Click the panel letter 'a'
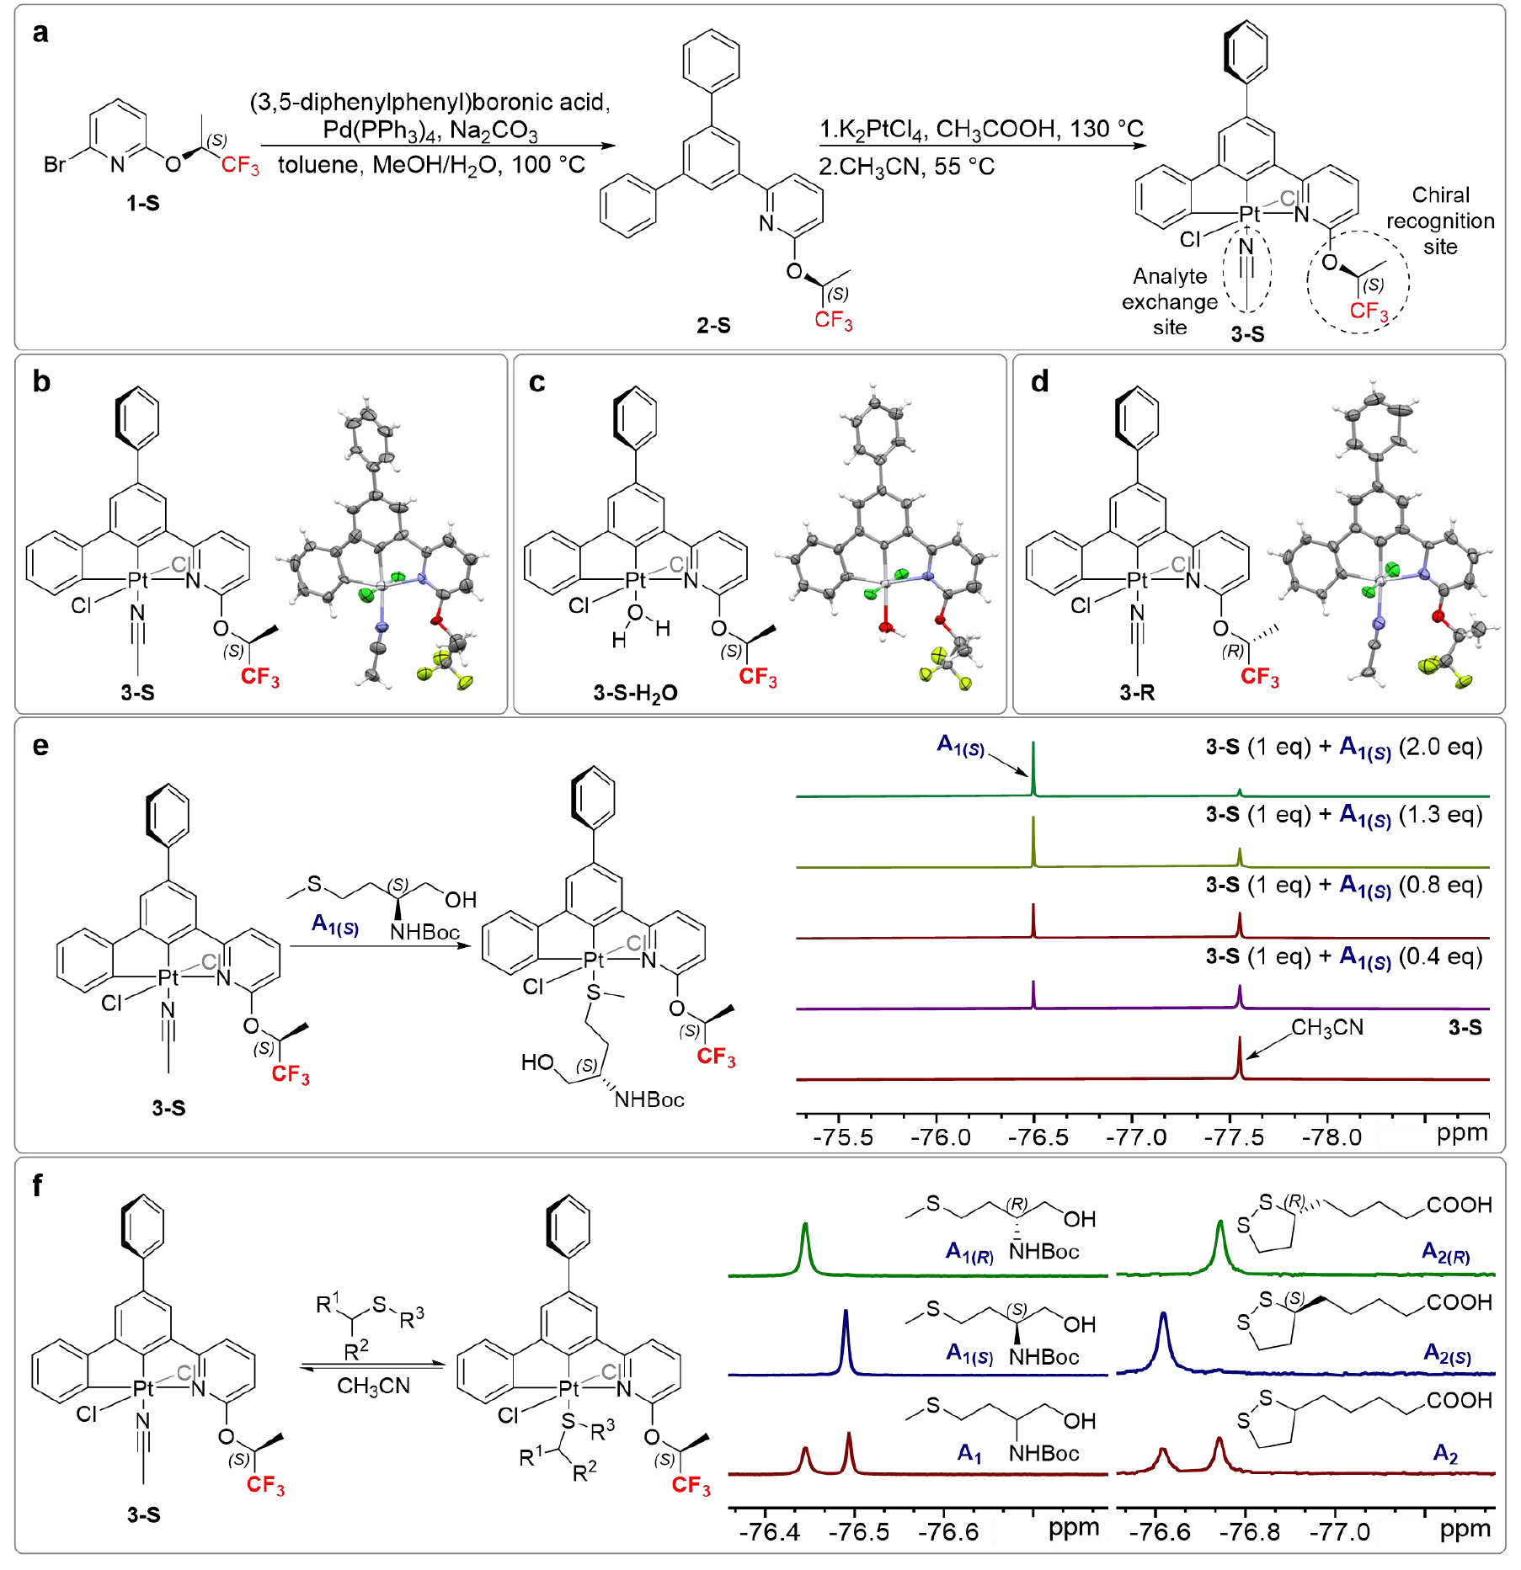point(40,34)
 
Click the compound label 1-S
point(142,203)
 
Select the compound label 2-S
point(713,325)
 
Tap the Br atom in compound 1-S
point(55,165)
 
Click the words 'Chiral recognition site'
point(1440,221)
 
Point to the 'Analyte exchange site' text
point(1169,301)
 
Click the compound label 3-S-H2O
point(635,693)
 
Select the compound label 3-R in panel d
point(1137,693)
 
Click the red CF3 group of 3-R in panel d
point(1259,678)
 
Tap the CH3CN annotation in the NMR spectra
point(1327,1028)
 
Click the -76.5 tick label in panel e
point(1038,1137)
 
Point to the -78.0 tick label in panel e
point(1331,1137)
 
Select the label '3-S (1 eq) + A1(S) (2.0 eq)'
point(1344,748)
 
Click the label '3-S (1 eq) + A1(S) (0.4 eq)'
point(1344,957)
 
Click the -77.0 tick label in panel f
point(1339,1531)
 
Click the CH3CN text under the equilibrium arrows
point(373,1386)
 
